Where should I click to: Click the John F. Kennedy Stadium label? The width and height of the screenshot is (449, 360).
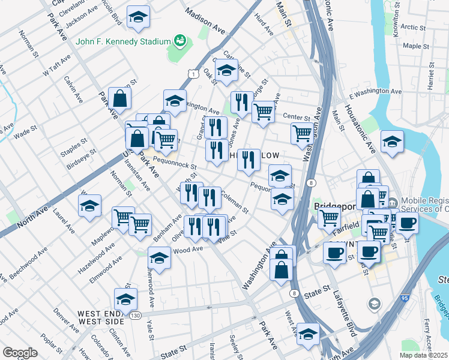pos(123,41)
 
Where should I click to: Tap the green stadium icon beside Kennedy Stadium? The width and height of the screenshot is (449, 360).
pos(179,41)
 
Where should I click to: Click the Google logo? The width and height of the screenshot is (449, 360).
pos(20,353)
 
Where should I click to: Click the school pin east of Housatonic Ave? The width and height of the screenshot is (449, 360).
pos(392,142)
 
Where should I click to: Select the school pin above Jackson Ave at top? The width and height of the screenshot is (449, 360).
pos(139,18)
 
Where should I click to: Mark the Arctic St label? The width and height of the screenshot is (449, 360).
pos(413,26)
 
